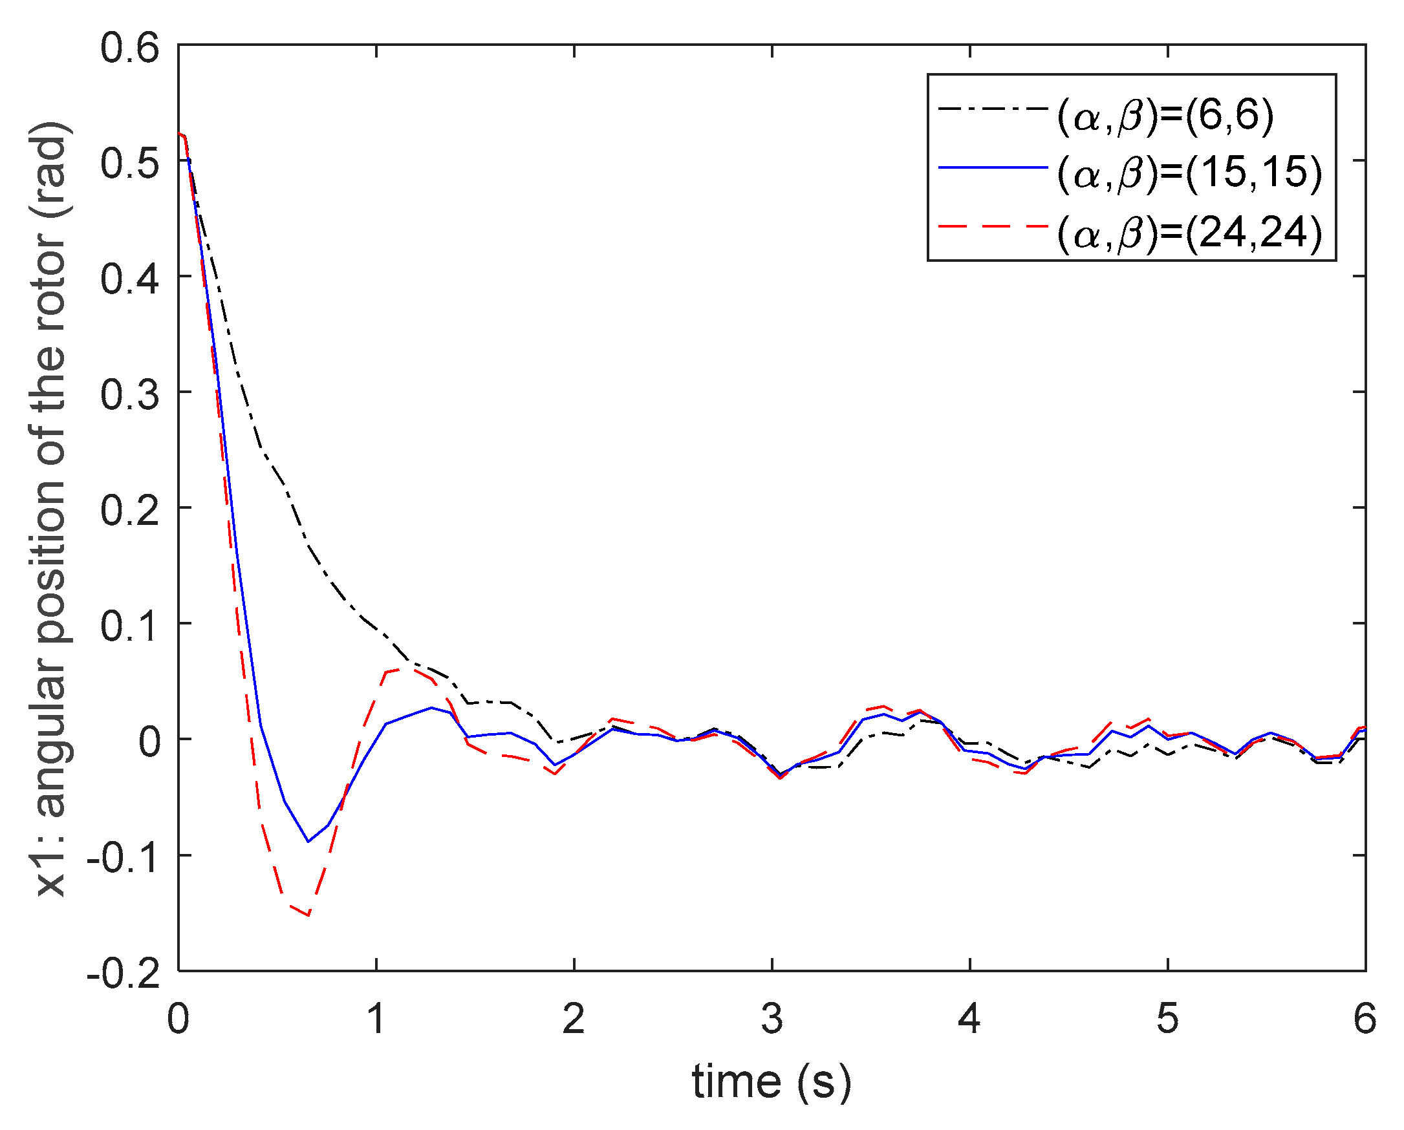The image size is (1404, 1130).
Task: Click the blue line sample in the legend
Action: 993,168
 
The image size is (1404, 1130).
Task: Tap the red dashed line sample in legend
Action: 993,226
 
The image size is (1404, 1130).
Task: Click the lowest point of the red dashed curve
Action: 308,915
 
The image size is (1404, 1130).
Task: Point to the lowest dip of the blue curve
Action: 308,842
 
